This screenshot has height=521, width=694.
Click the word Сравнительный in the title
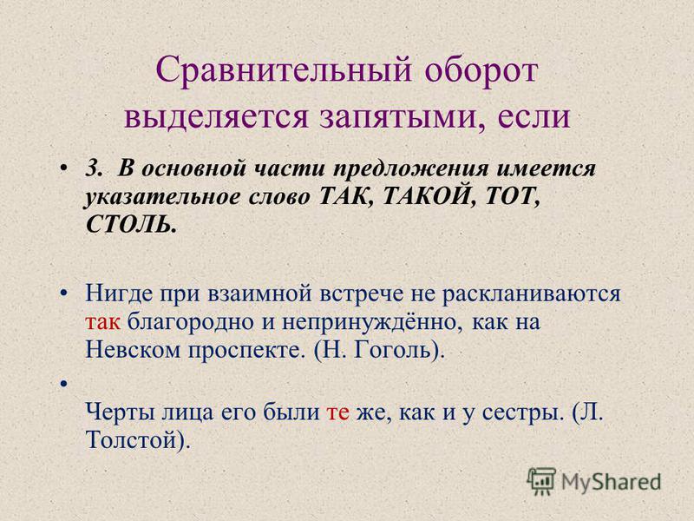pos(284,70)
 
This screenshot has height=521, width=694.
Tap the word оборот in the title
pos(481,71)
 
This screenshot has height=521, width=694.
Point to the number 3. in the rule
pos(94,168)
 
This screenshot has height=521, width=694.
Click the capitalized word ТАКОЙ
pos(426,196)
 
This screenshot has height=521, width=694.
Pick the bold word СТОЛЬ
pos(131,225)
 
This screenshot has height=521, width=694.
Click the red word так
pos(102,322)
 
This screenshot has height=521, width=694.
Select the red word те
pos(337,413)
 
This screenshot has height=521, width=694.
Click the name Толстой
pos(133,441)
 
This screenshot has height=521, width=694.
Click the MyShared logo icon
pos(541,482)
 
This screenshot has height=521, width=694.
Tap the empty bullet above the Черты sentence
pos(64,384)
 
